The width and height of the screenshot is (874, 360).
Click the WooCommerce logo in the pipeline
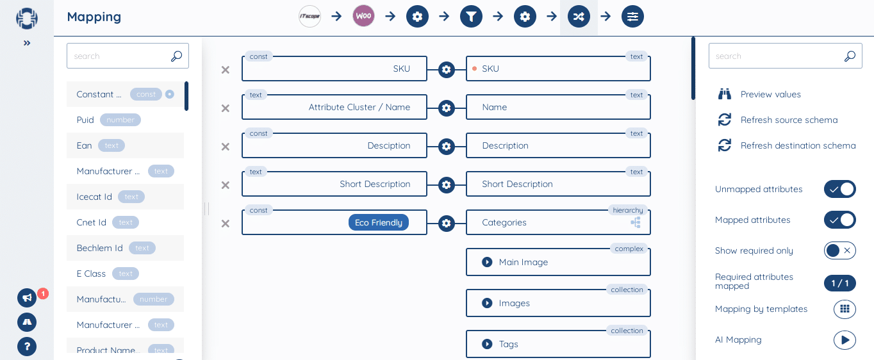(x=363, y=16)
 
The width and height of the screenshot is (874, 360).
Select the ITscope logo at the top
(x=309, y=16)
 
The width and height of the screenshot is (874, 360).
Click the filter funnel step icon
(x=471, y=17)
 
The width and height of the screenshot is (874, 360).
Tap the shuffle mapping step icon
(x=579, y=17)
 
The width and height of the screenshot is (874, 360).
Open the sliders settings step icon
(x=632, y=17)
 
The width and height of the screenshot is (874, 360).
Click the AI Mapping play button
(x=845, y=340)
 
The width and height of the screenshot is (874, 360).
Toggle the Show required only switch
(x=839, y=250)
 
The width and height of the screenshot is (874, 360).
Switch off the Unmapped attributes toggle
(x=839, y=189)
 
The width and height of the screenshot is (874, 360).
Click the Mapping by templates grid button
(x=845, y=309)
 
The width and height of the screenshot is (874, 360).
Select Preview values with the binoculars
(x=770, y=94)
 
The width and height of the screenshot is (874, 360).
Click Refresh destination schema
(x=797, y=145)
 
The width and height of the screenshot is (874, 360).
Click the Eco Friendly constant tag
(x=378, y=222)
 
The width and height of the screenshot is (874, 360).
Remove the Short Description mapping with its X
(x=226, y=185)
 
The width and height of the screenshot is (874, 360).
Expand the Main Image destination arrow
(x=487, y=262)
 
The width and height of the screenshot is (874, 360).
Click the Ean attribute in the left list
(x=85, y=145)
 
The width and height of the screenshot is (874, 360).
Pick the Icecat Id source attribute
(x=94, y=197)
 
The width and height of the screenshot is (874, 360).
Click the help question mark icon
(x=27, y=347)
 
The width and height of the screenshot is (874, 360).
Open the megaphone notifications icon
(x=27, y=298)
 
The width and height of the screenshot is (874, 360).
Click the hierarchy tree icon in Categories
(x=636, y=222)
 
